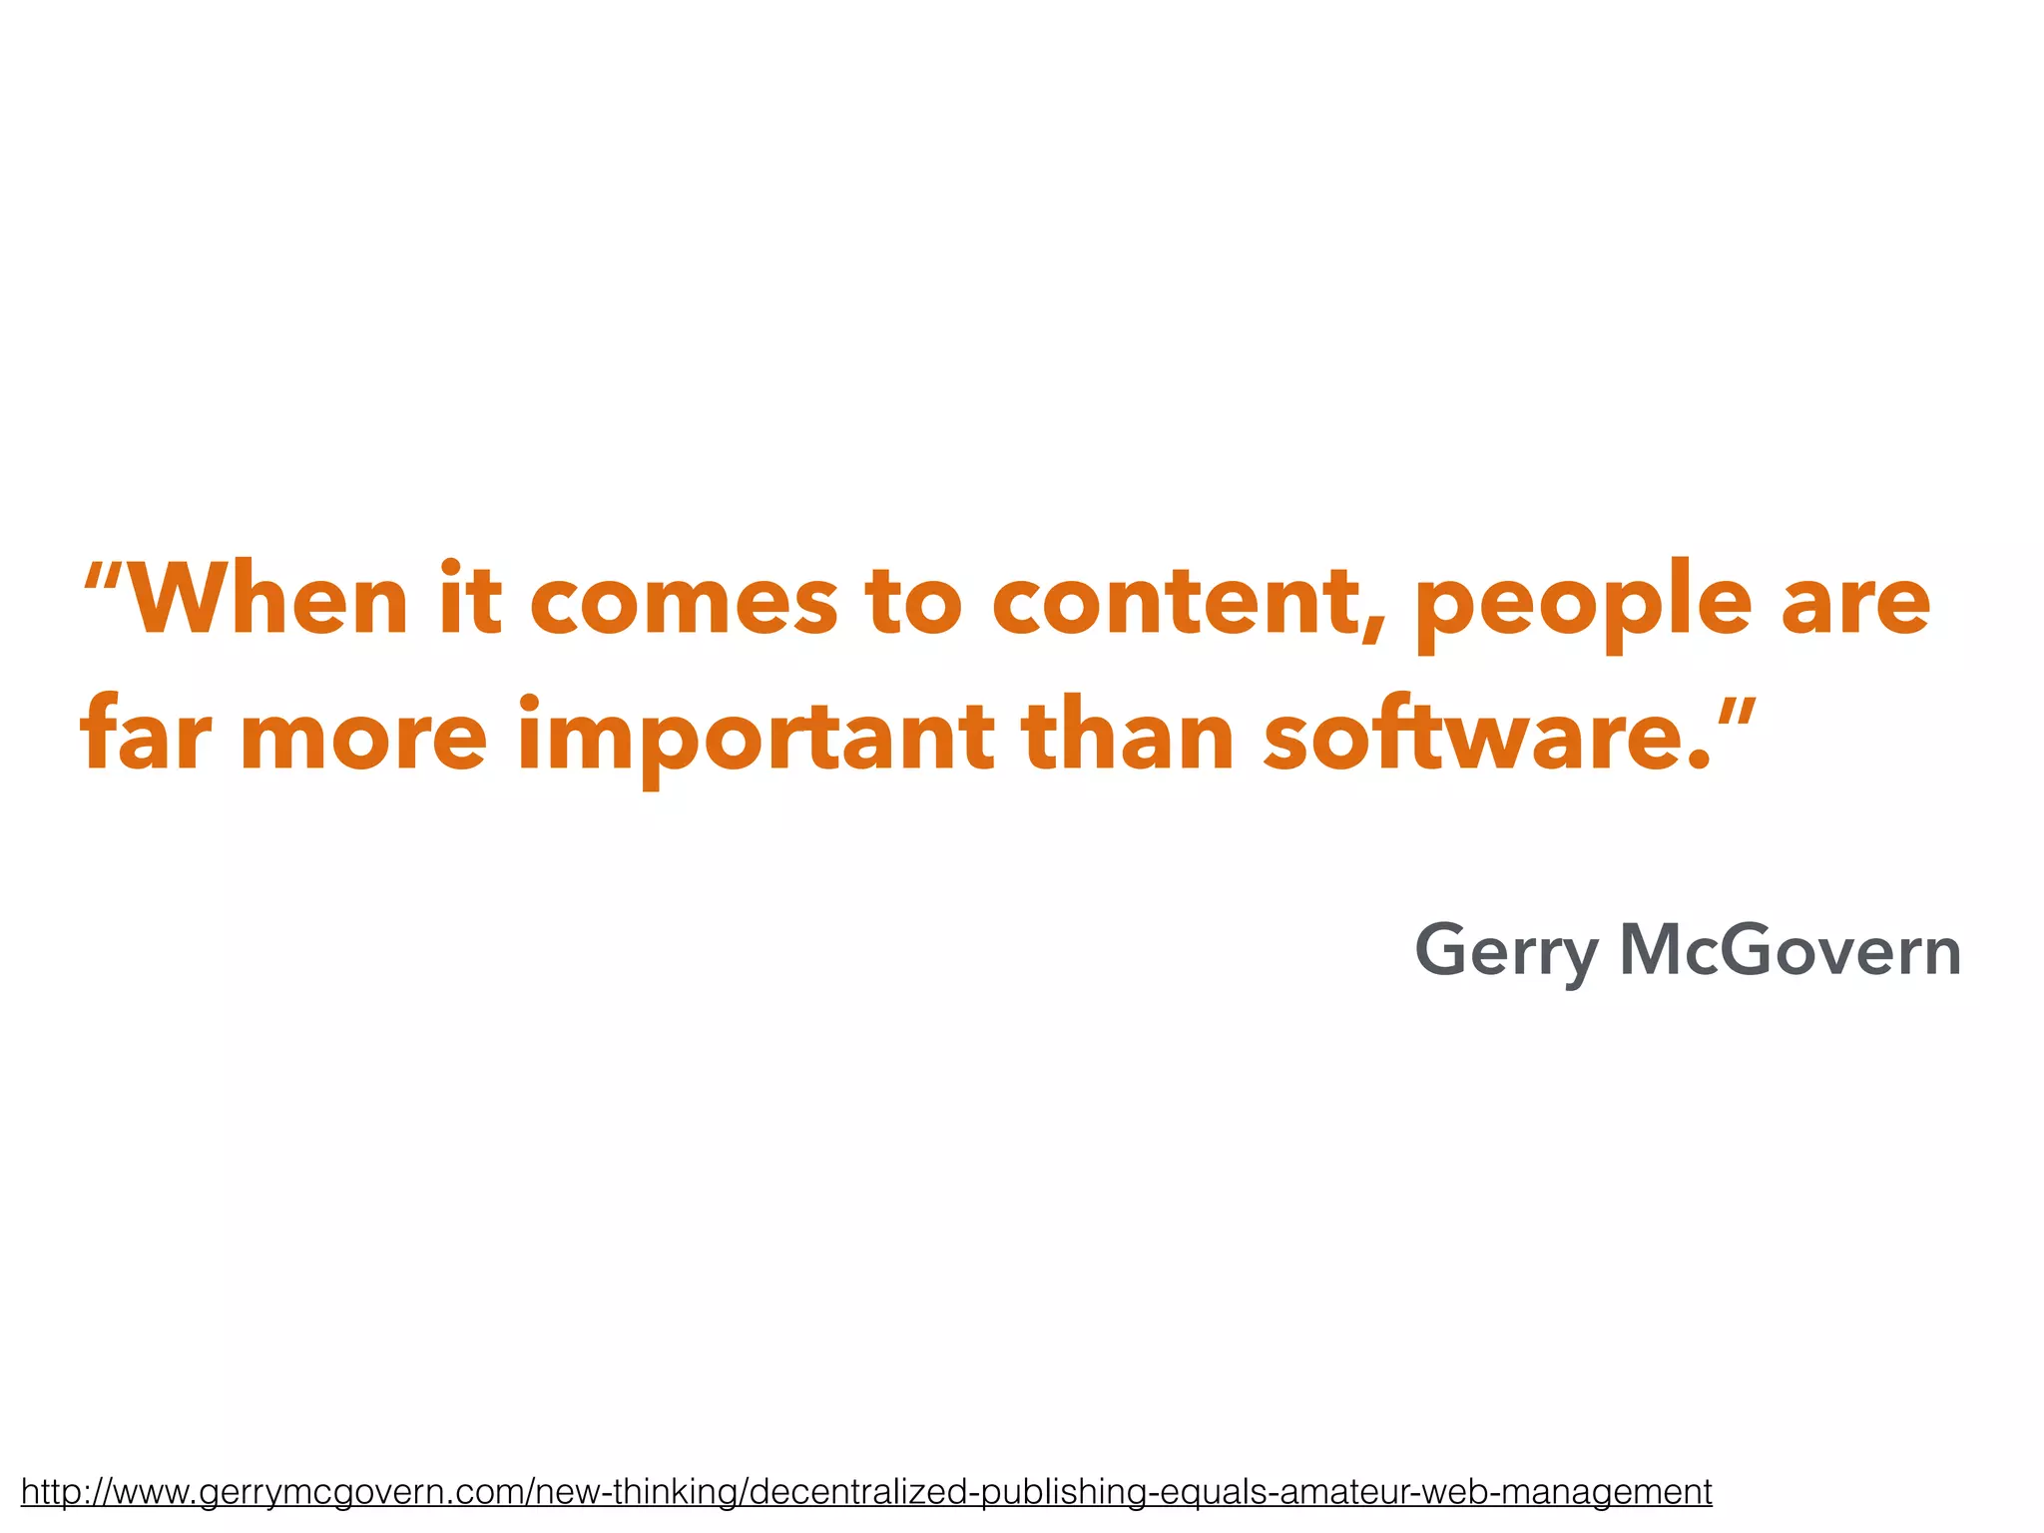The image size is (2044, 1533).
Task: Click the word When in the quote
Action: click(x=268, y=601)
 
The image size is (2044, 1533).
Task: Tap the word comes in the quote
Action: click(x=684, y=603)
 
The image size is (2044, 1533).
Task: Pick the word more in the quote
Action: click(x=363, y=739)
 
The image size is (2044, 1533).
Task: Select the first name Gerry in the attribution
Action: click(x=1506, y=953)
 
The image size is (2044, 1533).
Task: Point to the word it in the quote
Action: click(x=470, y=601)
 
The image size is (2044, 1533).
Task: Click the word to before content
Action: click(x=913, y=603)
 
